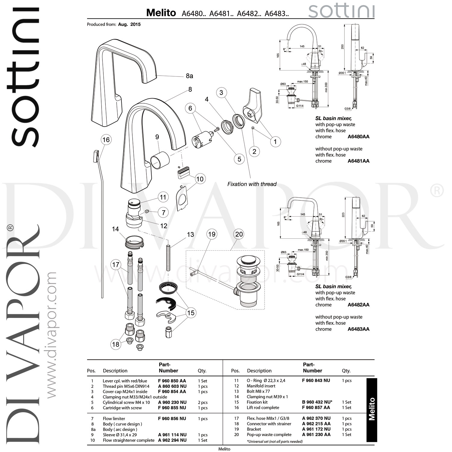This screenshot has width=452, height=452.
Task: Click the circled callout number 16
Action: (106, 140)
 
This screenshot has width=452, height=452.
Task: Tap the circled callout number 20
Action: (239, 234)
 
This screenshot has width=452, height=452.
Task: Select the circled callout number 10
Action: (200, 179)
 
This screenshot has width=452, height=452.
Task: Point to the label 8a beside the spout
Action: (189, 76)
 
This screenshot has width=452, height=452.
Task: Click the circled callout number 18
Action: (116, 344)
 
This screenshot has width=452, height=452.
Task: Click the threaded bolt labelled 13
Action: (168, 258)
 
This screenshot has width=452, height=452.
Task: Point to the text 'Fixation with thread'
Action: (252, 184)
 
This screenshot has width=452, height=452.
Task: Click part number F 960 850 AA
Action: (172, 381)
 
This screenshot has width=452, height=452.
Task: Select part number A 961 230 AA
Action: (316, 435)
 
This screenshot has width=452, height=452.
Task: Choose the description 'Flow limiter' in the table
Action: (114, 419)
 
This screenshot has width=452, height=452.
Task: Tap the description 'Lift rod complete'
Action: (263, 408)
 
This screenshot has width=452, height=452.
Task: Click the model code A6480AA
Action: (358, 137)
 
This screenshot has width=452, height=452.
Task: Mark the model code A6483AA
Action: (358, 329)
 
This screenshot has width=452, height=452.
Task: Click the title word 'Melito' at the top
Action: (161, 13)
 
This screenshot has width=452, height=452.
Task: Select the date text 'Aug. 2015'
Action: (129, 24)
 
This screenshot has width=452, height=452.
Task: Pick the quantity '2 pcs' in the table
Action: (202, 403)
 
